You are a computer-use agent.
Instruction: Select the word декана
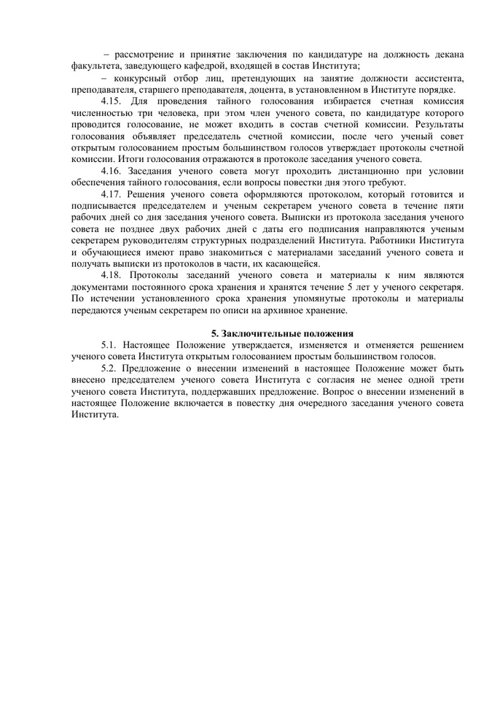[445, 54]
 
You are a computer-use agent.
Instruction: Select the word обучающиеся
[108, 252]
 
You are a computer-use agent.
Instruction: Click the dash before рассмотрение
[107, 54]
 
